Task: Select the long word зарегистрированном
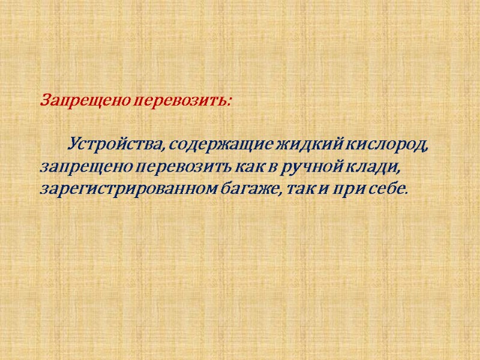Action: click(x=134, y=190)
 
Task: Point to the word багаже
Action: click(x=257, y=190)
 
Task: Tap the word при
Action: click(x=357, y=190)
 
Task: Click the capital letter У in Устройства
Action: click(x=76, y=145)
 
